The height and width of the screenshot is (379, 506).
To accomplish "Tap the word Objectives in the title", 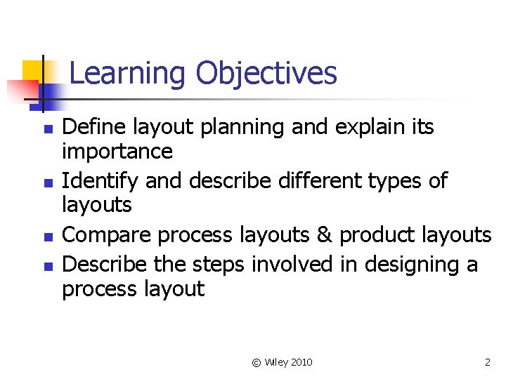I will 266,73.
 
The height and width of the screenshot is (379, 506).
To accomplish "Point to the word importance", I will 117,152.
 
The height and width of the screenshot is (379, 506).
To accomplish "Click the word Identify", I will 100,181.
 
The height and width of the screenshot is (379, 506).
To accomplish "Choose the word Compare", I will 107,235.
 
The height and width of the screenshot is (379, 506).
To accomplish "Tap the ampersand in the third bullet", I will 324,235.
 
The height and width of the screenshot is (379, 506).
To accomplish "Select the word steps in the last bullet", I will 220,265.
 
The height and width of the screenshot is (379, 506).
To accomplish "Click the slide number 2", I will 487,362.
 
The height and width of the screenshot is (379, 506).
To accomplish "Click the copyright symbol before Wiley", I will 256,362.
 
